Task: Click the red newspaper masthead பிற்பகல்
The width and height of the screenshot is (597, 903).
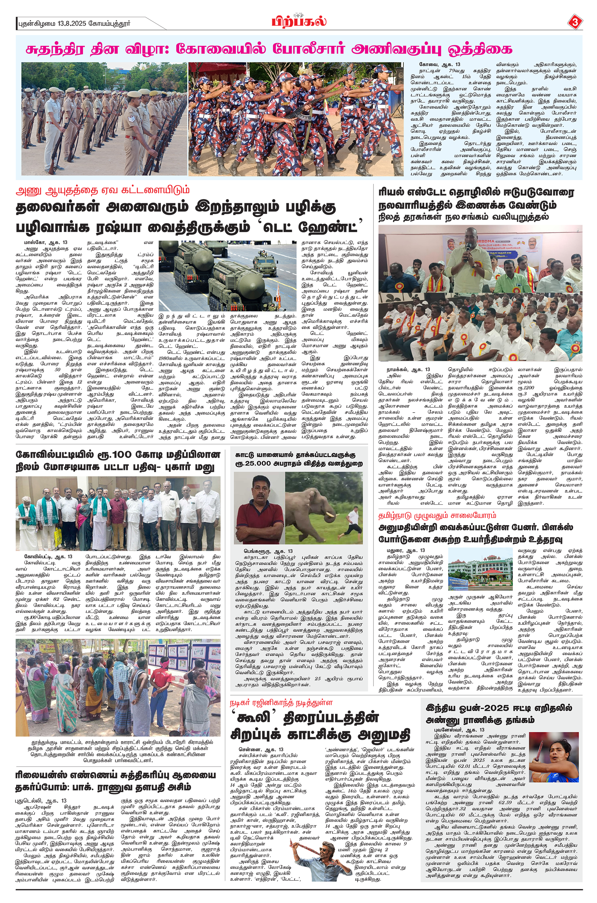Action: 299,21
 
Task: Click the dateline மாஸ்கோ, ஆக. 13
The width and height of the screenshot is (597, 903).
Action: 46,243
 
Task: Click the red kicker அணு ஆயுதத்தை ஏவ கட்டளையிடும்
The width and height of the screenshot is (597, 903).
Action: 102,190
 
